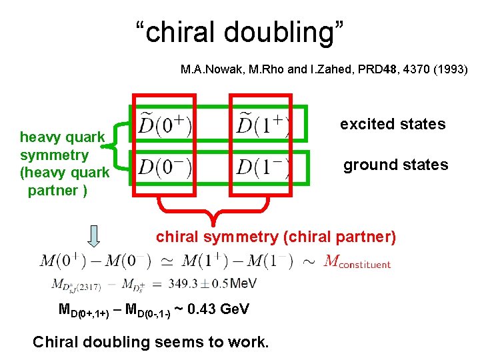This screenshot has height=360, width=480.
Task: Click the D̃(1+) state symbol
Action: (x=261, y=125)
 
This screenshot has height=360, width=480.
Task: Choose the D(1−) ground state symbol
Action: (x=261, y=166)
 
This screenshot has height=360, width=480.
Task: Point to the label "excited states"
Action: (x=393, y=124)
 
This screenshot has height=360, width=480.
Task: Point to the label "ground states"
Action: (x=395, y=165)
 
